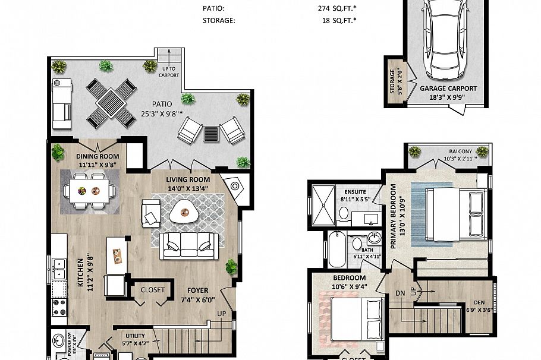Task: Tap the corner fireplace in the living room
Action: pyautogui.click(x=234, y=187)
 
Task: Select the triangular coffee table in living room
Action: pyautogui.click(x=182, y=211)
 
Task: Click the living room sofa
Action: pyautogui.click(x=188, y=245)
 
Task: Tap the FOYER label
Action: pyautogui.click(x=194, y=291)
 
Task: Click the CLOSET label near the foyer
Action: pyautogui.click(x=153, y=290)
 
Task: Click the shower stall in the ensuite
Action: pyautogui.click(x=323, y=204)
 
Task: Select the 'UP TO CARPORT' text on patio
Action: pyautogui.click(x=169, y=72)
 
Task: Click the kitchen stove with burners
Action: pyautogui.click(x=59, y=307)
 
